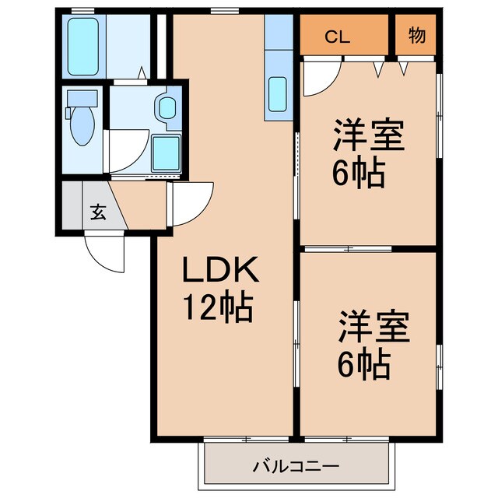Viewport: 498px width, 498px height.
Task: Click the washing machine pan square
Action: pos(166,153)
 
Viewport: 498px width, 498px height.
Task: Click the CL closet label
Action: pos(337,36)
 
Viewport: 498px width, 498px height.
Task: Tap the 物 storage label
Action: pos(416,36)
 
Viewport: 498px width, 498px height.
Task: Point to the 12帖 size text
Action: pos(218,309)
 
